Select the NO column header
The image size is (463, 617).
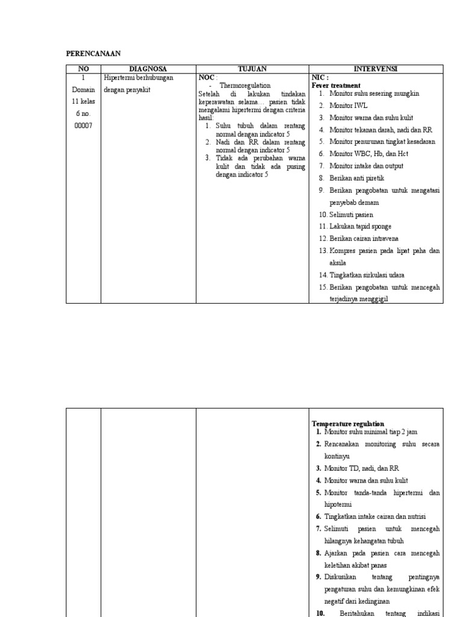(x=83, y=69)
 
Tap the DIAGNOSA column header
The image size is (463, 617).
(x=148, y=69)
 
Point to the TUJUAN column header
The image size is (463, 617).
(x=252, y=69)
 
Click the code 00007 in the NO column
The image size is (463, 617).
(x=83, y=125)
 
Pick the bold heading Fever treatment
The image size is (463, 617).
(x=336, y=86)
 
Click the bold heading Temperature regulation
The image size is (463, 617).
(x=348, y=424)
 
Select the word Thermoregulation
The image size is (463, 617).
(x=245, y=86)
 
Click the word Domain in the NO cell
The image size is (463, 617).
(x=83, y=89)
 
